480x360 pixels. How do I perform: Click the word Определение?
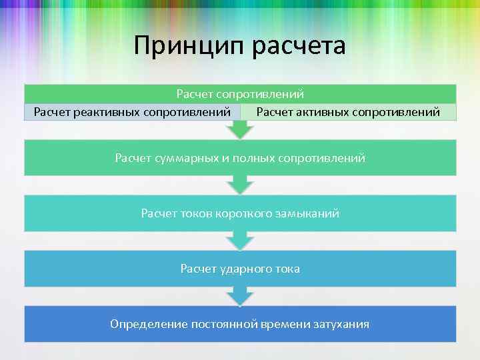point(149,324)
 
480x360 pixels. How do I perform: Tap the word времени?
point(286,324)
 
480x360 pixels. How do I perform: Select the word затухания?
point(340,324)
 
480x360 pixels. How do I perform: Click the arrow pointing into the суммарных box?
point(240,131)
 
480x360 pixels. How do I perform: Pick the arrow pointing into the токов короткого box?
point(240,185)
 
